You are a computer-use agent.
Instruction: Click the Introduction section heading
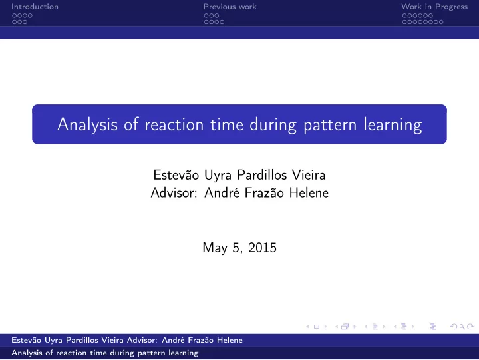pyautogui.click(x=35, y=7)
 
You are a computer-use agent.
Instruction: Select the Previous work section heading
pyautogui.click(x=230, y=7)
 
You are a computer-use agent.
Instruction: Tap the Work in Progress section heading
pyautogui.click(x=434, y=7)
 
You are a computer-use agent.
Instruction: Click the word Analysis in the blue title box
pyautogui.click(x=87, y=125)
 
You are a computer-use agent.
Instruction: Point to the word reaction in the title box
pyautogui.click(x=174, y=125)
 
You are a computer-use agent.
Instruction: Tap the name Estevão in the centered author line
pyautogui.click(x=176, y=175)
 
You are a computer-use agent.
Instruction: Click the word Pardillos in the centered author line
pyautogui.click(x=262, y=175)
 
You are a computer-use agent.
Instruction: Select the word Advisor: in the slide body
pyautogui.click(x=174, y=193)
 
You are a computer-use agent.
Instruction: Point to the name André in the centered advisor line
pyautogui.click(x=222, y=193)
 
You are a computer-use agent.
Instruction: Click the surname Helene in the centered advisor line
pyautogui.click(x=309, y=193)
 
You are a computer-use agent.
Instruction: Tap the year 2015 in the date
pyautogui.click(x=262, y=248)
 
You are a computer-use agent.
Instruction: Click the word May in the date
pyautogui.click(x=215, y=248)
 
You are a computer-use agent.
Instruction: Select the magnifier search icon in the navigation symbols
pyautogui.click(x=462, y=327)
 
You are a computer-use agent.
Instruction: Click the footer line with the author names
pyautogui.click(x=127, y=340)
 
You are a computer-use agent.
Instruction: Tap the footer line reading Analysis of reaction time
pyautogui.click(x=105, y=353)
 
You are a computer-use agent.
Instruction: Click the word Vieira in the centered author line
pyautogui.click(x=309, y=175)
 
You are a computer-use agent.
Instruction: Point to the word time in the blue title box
pyautogui.click(x=227, y=125)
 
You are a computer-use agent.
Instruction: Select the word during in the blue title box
pyautogui.click(x=273, y=125)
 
